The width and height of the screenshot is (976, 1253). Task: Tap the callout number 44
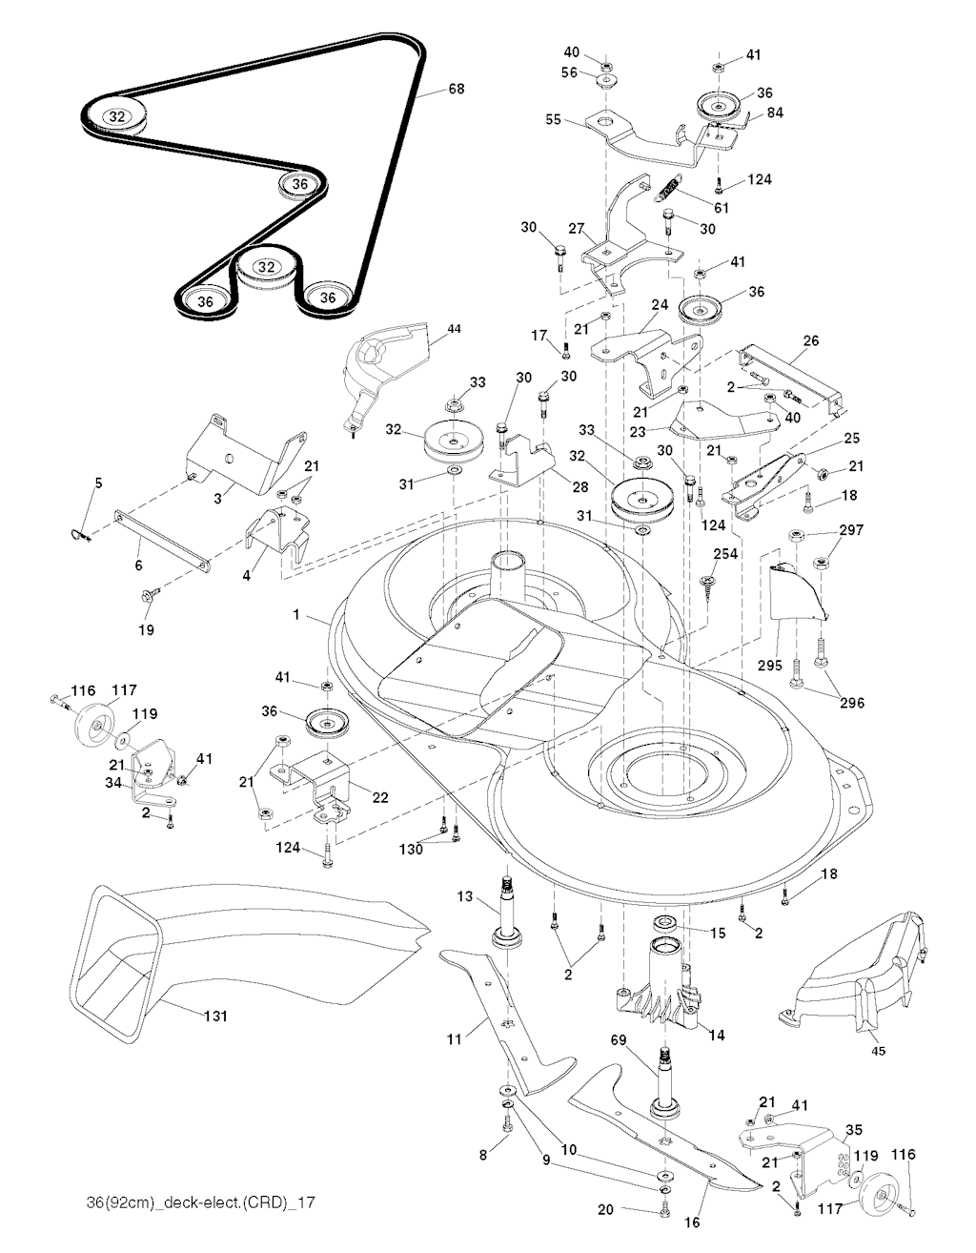click(x=454, y=328)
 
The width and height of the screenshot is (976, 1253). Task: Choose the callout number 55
click(x=554, y=120)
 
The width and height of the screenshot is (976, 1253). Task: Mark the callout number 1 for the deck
click(x=296, y=616)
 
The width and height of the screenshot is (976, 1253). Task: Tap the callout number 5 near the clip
click(x=97, y=483)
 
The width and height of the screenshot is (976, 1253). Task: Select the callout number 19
click(x=149, y=630)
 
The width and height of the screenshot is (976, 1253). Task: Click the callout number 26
click(x=811, y=339)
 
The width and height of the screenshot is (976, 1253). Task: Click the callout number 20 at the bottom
click(x=604, y=1209)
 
